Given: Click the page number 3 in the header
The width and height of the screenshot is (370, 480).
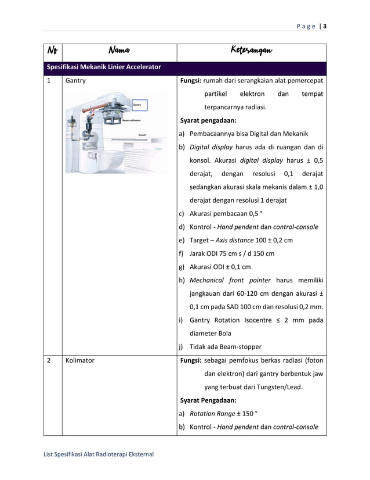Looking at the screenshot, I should tap(325, 26).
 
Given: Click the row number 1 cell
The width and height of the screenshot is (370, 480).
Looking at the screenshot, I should tap(49, 81).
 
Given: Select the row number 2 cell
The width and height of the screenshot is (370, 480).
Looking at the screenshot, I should tap(49, 360).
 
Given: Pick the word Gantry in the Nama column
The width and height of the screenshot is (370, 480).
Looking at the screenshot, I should tap(75, 81).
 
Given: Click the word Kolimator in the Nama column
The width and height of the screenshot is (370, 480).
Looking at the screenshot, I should tap(80, 360).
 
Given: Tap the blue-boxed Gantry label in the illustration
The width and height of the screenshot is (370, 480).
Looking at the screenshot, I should tap(138, 105).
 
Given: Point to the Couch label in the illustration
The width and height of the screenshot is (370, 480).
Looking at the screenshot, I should tap(142, 135).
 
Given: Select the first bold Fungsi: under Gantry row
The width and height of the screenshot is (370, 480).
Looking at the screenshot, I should tap(191, 81).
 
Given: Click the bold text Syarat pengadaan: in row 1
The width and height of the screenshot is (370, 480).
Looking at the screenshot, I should tap(208, 121).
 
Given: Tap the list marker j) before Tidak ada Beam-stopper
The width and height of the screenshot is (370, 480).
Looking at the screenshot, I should tap(182, 347).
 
